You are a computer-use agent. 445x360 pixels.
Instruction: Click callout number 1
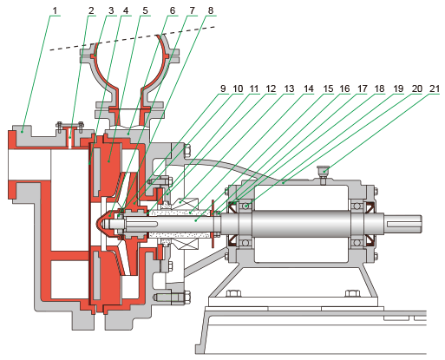click(x=55, y=10)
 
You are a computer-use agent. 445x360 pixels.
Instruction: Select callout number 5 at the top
click(x=145, y=10)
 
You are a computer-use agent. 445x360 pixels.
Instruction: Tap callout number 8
click(x=211, y=10)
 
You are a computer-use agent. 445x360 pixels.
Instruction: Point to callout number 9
click(x=223, y=88)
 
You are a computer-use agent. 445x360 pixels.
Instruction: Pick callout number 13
click(x=289, y=88)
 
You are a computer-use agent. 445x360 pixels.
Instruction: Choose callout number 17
click(x=362, y=88)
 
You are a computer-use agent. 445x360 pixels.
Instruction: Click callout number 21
click(x=435, y=88)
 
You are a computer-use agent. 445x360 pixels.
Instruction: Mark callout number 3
click(x=111, y=10)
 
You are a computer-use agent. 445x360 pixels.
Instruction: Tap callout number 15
click(x=328, y=88)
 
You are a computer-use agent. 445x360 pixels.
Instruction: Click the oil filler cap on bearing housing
click(x=324, y=172)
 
